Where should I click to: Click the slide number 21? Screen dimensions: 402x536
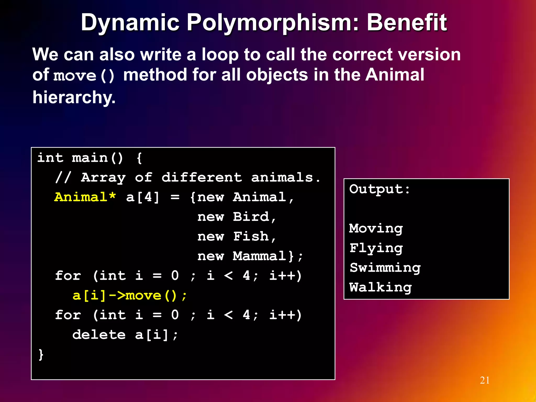tap(485, 380)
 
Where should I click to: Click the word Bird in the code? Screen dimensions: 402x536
tap(251, 217)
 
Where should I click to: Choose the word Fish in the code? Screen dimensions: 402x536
tap(251, 236)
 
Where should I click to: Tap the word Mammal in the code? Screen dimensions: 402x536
tap(260, 256)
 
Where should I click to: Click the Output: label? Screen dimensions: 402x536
tap(379, 189)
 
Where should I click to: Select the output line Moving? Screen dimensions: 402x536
tap(376, 228)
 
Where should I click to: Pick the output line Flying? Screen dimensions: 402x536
tap(376, 248)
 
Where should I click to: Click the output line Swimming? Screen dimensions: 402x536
tap(385, 268)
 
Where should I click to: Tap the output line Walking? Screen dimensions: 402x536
tap(381, 287)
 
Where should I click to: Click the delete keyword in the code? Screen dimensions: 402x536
tap(99, 335)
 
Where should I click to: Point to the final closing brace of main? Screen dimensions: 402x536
tap(41, 355)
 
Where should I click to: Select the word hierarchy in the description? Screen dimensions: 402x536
tap(74, 97)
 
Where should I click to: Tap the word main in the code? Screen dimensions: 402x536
tap(90, 158)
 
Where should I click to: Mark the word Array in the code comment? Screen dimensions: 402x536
tap(103, 177)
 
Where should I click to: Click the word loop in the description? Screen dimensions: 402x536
tap(220, 55)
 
